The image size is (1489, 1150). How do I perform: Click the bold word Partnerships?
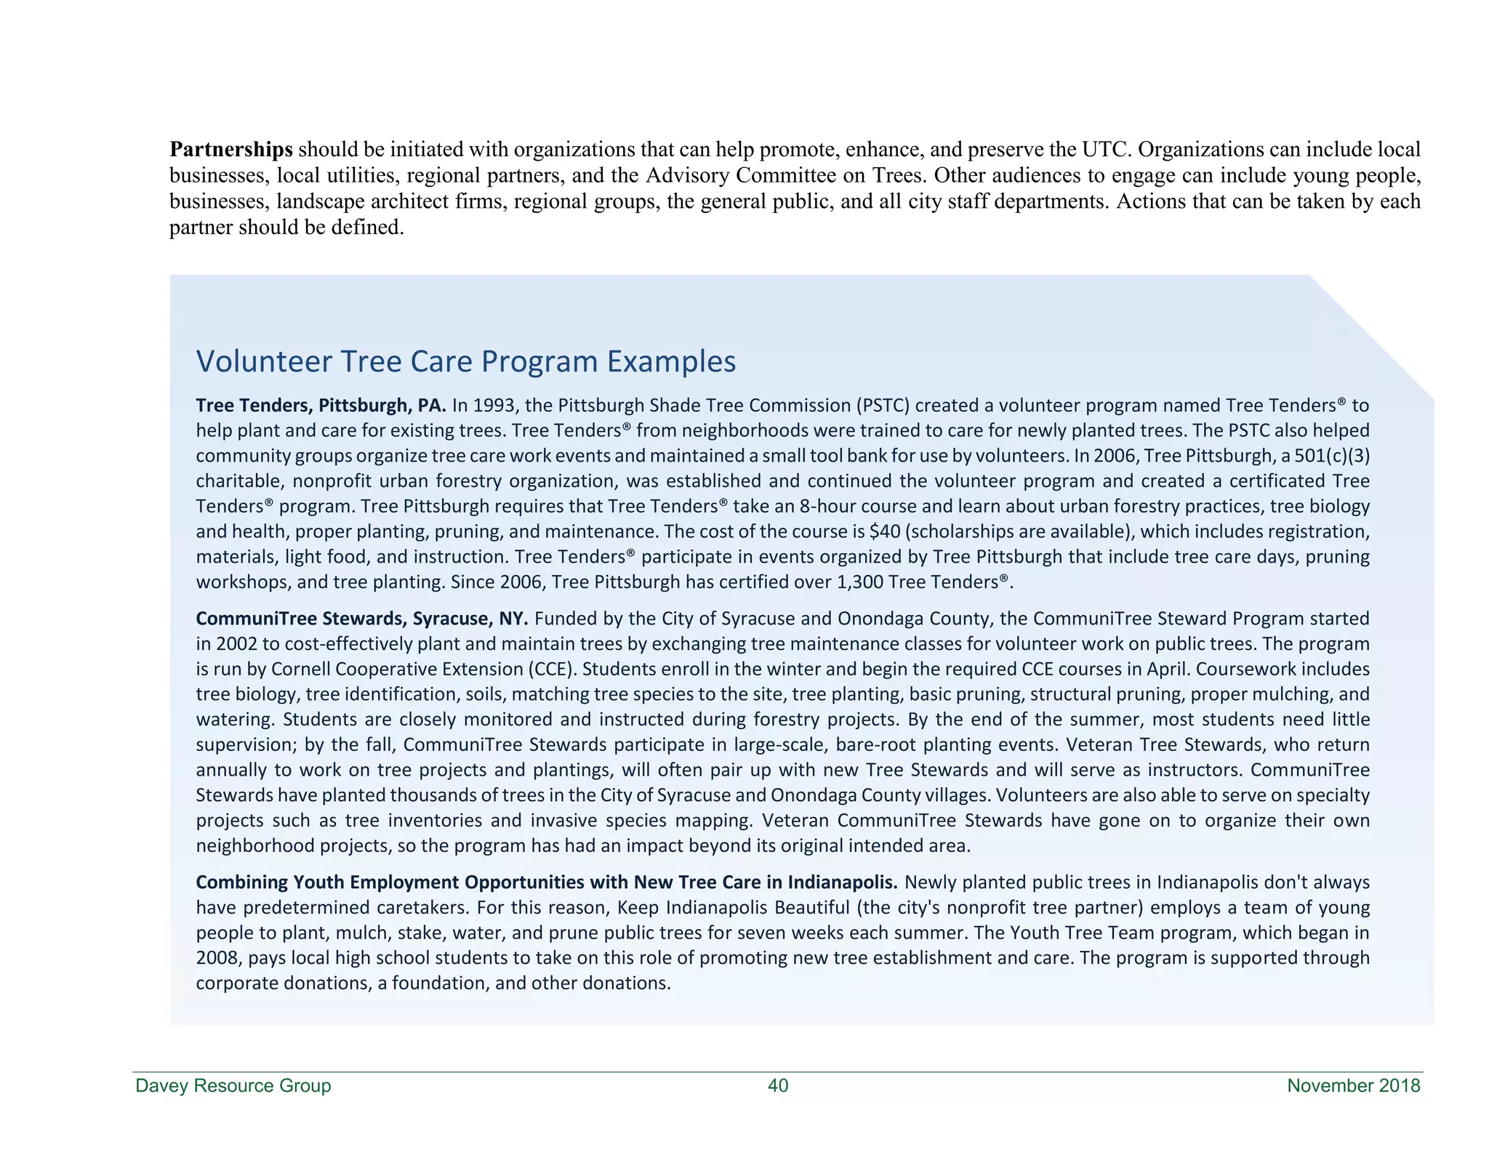231,150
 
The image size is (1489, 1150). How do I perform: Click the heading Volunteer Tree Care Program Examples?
466,361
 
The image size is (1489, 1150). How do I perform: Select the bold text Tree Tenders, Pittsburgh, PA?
321,405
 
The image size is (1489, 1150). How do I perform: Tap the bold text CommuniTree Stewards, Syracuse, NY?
362,619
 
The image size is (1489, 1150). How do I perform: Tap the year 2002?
231,644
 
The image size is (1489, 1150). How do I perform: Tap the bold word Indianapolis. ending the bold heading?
843,882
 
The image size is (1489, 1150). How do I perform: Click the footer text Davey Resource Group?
233,1086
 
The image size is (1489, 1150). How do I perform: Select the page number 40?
778,1086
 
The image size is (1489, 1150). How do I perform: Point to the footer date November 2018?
1353,1086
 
